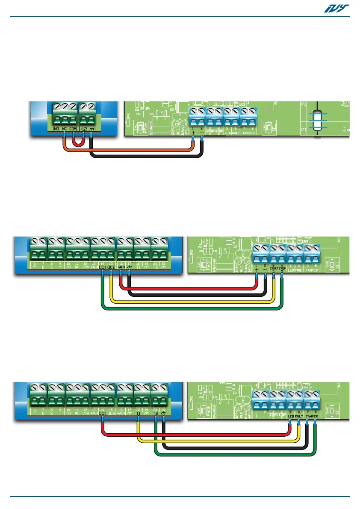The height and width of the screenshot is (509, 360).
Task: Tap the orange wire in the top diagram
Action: (x=128, y=150)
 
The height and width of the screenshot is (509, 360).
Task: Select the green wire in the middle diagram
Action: (x=192, y=308)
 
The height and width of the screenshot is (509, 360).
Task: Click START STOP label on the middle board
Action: (x=277, y=269)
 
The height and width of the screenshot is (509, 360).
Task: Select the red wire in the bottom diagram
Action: (x=192, y=436)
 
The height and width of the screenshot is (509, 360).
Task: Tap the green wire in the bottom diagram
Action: (x=235, y=453)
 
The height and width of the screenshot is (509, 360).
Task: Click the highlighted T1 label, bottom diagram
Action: (x=138, y=414)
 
